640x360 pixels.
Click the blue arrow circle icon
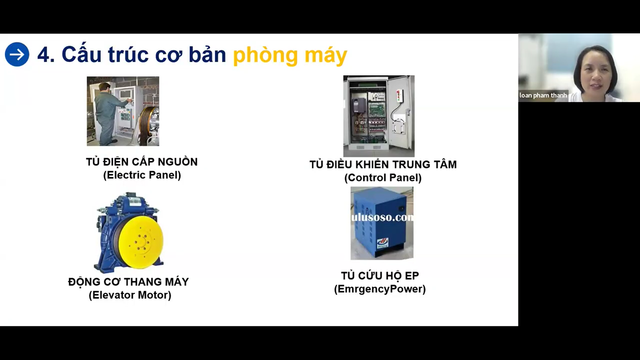click(x=17, y=54)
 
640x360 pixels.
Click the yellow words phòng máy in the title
click(x=290, y=55)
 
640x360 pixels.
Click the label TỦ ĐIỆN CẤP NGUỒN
click(x=142, y=162)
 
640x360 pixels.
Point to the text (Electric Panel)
click(x=142, y=175)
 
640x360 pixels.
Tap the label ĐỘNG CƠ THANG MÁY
click(x=128, y=282)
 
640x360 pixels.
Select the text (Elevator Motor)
click(x=130, y=295)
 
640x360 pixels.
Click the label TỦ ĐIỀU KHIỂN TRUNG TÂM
click(x=383, y=164)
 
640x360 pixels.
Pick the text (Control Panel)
click(x=383, y=177)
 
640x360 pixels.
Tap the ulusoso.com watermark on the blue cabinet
click(x=382, y=218)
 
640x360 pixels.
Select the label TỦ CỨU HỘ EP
click(x=380, y=276)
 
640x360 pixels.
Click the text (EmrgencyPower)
click(x=380, y=289)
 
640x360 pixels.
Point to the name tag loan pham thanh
click(x=543, y=95)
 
